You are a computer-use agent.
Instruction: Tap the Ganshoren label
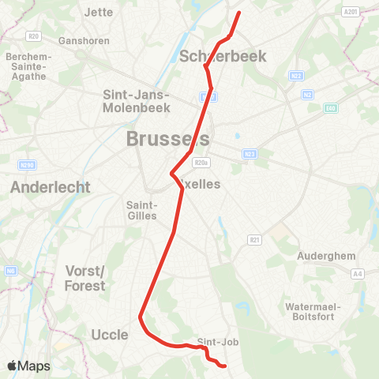83,39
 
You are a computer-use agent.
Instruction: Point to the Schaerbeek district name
223,56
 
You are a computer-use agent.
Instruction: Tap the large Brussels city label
168,139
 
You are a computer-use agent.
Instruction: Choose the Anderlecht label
50,187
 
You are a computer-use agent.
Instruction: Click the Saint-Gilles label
142,209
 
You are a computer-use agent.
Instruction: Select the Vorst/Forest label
85,277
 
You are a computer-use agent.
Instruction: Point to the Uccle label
110,335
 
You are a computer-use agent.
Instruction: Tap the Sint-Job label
218,342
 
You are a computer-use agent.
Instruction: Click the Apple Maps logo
28,366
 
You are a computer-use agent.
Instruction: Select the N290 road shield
28,164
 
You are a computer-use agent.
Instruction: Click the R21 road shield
254,239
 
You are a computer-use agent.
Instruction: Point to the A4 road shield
357,273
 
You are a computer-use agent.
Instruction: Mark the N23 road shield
249,154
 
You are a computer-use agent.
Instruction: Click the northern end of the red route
238,13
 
